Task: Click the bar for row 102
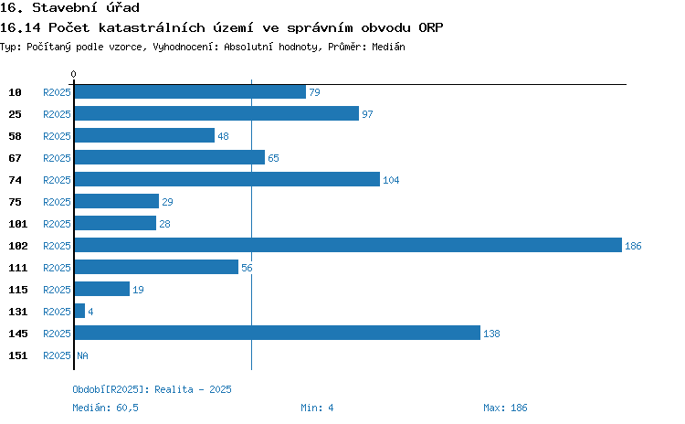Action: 348,245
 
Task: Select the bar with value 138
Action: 278,333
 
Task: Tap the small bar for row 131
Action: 79,311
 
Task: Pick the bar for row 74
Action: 227,179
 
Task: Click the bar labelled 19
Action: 102,289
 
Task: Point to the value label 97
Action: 367,114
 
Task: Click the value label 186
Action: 633,246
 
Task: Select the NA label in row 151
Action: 82,355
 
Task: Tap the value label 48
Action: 223,136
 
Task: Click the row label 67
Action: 15,158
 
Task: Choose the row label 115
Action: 18,290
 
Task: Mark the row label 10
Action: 15,92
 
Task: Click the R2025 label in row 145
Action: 57,334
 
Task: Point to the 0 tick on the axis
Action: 73,74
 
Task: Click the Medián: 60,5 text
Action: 105,408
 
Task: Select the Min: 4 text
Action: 317,408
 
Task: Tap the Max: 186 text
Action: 505,408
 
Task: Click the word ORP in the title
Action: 431,27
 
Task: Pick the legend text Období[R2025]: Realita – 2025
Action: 152,389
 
